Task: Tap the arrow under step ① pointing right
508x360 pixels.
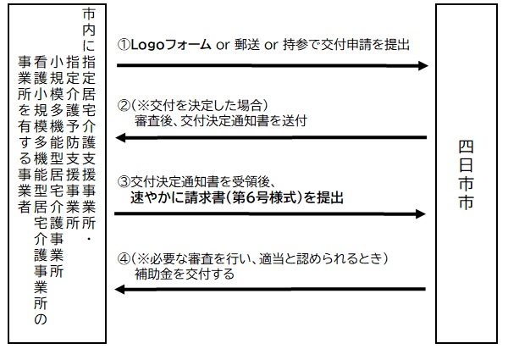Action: coord(271,65)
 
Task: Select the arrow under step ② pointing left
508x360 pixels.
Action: coord(271,138)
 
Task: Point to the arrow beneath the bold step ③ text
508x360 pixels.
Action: coord(271,214)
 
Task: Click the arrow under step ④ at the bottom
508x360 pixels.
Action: coord(271,290)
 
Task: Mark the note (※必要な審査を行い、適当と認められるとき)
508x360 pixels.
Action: coord(257,258)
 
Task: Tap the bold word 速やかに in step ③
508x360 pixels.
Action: coord(160,197)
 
